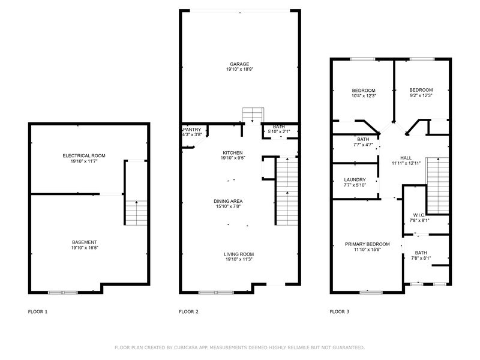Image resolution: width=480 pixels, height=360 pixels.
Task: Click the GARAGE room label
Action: click(x=239, y=64)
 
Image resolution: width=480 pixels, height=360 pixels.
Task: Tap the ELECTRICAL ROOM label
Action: click(x=84, y=155)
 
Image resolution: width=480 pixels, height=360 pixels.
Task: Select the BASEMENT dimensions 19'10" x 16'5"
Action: click(x=85, y=247)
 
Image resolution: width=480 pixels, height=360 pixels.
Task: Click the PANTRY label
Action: click(x=192, y=130)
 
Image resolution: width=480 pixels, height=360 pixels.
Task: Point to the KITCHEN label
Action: click(x=233, y=153)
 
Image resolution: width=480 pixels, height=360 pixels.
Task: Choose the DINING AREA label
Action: click(x=228, y=201)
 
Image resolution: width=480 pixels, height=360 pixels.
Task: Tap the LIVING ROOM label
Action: click(x=239, y=254)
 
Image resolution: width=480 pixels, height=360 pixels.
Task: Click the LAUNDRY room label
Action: click(x=355, y=179)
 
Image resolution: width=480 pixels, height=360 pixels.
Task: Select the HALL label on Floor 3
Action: click(x=406, y=158)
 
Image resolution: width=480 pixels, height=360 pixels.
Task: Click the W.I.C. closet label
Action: click(x=419, y=215)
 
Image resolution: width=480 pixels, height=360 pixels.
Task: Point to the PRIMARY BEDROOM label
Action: click(x=367, y=244)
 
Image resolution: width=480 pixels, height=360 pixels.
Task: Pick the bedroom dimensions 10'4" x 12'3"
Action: click(x=364, y=95)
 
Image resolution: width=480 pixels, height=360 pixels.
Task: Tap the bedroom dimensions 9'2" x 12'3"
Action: click(x=421, y=95)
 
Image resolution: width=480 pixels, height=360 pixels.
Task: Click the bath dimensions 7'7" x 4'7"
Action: click(x=364, y=145)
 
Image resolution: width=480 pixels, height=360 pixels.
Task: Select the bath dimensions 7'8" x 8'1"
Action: click(x=421, y=258)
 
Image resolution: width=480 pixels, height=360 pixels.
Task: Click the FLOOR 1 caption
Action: click(x=38, y=311)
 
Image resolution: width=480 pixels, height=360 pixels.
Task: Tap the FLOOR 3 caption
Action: click(x=340, y=311)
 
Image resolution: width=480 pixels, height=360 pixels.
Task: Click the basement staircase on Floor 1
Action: click(x=136, y=213)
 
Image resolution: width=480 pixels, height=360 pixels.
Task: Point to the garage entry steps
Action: click(x=253, y=115)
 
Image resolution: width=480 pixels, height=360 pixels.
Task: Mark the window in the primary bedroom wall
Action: click(x=371, y=292)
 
